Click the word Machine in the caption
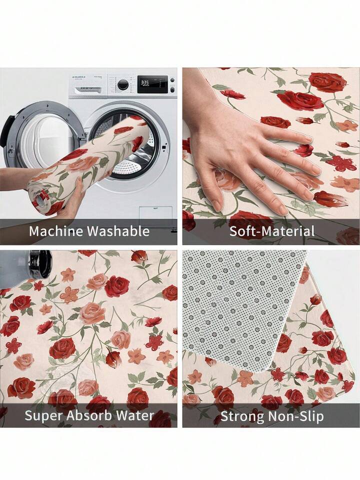[56, 231]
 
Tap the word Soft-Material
[272, 231]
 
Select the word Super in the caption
[43, 416]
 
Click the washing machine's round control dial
[123, 85]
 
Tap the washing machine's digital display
[152, 84]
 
